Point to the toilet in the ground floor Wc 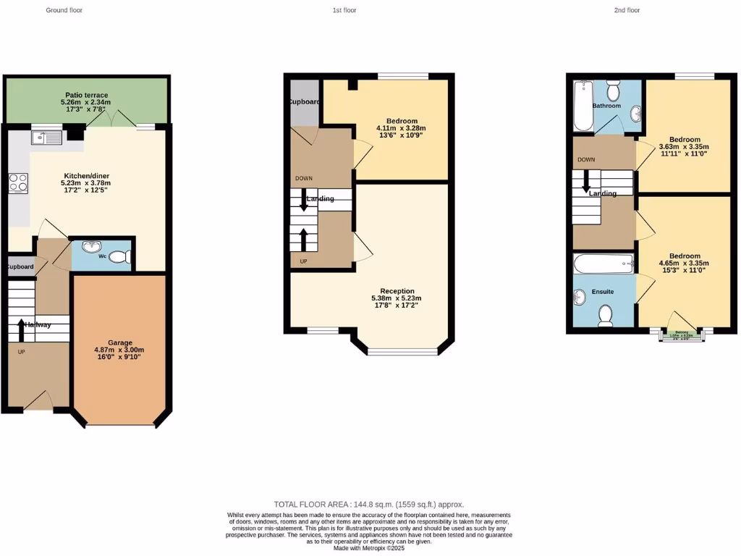[121, 256]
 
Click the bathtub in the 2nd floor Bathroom [583, 106]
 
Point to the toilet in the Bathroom [614, 90]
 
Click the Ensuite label [603, 292]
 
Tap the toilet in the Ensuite [605, 313]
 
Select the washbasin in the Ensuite [580, 298]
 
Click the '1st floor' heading [344, 10]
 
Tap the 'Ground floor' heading [64, 10]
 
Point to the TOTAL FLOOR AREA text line [369, 504]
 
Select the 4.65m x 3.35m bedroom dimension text [684, 264]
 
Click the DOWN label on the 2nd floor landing [586, 159]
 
